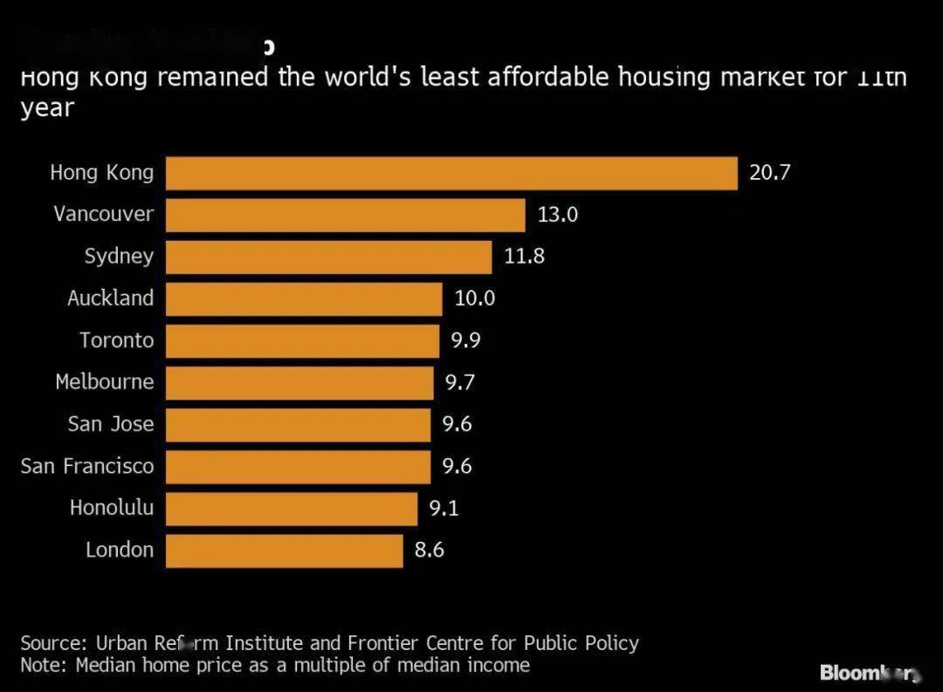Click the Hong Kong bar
coord(451,173)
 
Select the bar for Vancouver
coord(346,215)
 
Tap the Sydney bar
coord(328,257)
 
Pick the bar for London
coord(284,551)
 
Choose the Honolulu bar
coord(292,508)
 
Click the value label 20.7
coord(769,173)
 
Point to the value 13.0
coord(557,215)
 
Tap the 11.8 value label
coord(524,257)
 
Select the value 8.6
coord(429,551)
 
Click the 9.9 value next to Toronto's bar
coord(465,340)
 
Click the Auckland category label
coord(110,298)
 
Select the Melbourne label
coord(104,382)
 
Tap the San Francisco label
coord(87,466)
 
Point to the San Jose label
coord(110,424)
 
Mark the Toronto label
coord(116,340)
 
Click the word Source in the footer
coord(51,644)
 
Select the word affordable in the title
coord(547,78)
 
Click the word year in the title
coord(47,109)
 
